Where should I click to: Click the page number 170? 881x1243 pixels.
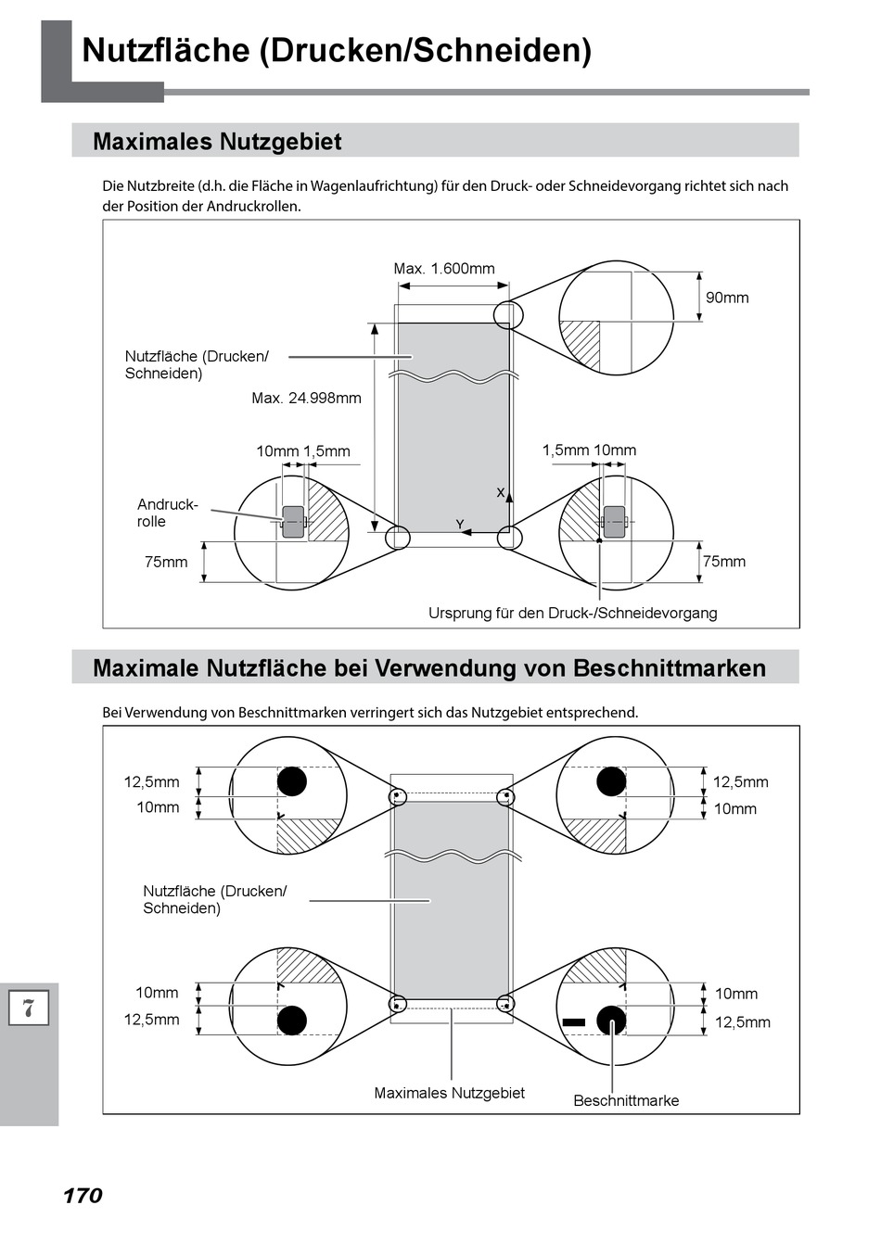coord(83,1196)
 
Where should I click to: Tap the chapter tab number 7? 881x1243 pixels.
coord(29,1008)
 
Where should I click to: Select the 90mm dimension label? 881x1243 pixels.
coord(727,298)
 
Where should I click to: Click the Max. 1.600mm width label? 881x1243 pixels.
coord(444,269)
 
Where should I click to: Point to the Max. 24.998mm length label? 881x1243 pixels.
coord(306,399)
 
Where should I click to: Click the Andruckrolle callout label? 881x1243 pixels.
coord(167,513)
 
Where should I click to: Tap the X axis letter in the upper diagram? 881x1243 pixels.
coord(501,492)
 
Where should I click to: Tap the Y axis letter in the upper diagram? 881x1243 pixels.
coord(460,526)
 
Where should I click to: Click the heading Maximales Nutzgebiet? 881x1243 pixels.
coord(217,142)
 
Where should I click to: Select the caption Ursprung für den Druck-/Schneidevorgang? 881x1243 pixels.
coord(572,613)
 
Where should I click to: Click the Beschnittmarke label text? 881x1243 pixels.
coord(626,1100)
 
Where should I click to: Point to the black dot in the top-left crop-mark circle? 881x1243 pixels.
coord(292,781)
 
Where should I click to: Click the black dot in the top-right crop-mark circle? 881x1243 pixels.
coord(611,781)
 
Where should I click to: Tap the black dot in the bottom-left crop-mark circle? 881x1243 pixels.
coord(292,1021)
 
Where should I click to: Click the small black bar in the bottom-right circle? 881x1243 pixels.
coord(574,1021)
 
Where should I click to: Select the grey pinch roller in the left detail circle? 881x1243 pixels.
coord(293,522)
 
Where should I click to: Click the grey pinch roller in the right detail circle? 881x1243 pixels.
coord(614,522)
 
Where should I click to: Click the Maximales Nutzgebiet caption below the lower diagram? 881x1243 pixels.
coord(449,1093)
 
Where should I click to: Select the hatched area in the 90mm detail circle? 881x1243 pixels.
coord(581,344)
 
